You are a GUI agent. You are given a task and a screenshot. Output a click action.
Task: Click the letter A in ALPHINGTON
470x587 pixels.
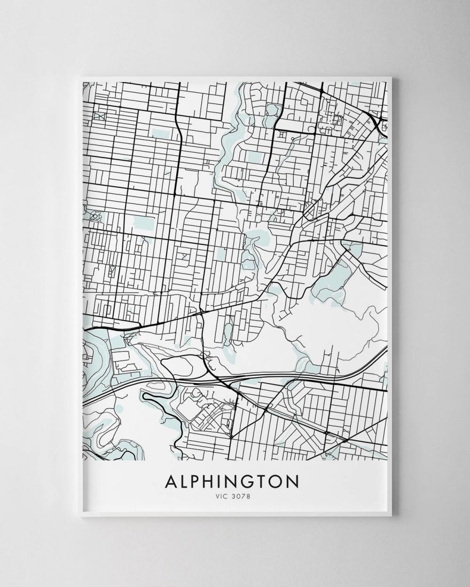(171, 481)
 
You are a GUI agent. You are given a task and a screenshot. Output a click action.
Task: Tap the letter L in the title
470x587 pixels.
(185, 481)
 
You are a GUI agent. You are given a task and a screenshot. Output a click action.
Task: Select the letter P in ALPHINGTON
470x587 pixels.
(198, 481)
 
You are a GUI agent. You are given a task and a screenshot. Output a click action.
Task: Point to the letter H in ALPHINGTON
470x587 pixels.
(213, 481)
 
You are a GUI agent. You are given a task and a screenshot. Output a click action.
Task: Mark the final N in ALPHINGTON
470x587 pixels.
(294, 481)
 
